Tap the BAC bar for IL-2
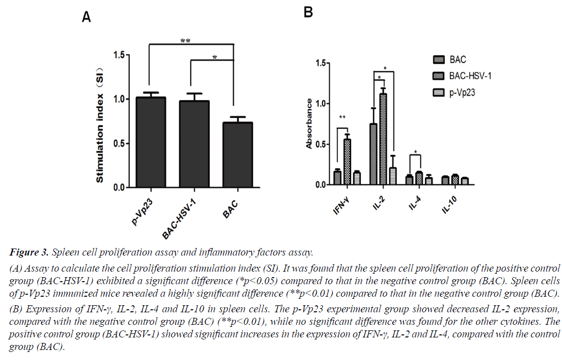[373, 154]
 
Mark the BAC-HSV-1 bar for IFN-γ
[347, 162]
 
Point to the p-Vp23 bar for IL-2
[392, 176]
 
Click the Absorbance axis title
[310, 124]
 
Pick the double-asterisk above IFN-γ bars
[343, 118]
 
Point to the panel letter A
[87, 18]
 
